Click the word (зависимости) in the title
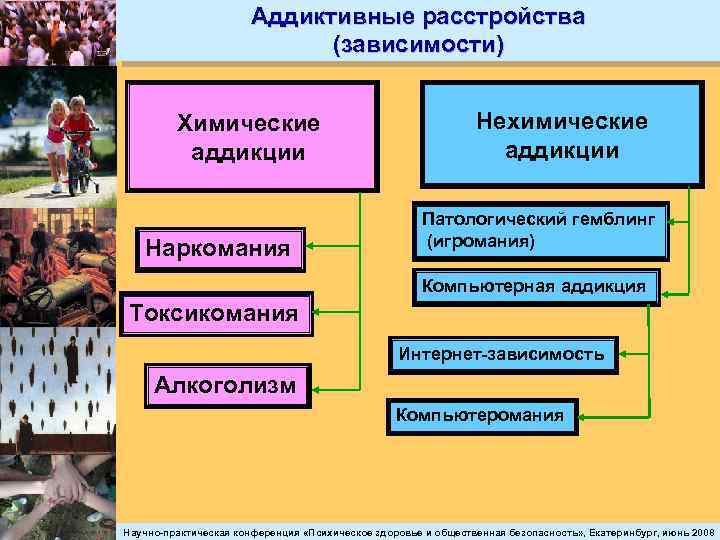click(419, 45)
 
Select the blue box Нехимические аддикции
click(561, 135)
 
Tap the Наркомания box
click(223, 246)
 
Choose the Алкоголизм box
click(225, 385)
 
